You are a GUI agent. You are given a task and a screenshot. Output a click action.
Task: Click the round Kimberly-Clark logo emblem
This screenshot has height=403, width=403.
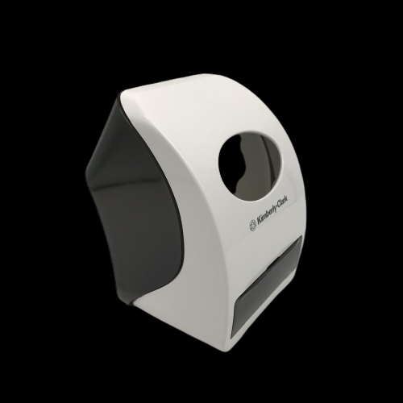click(253, 225)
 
